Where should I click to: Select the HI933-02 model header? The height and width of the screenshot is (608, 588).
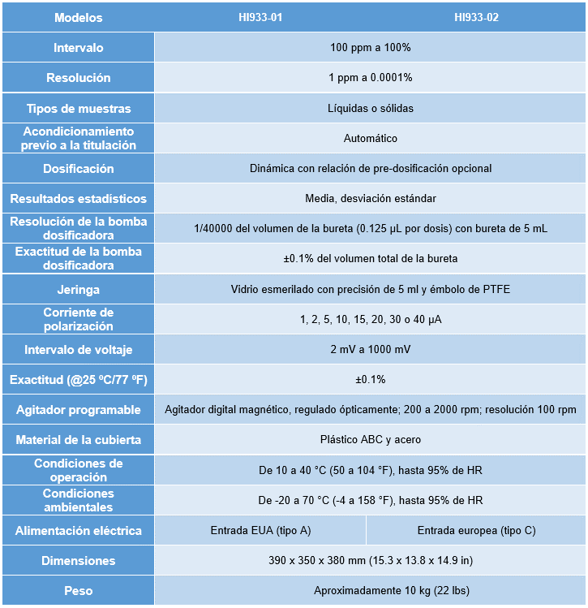(476, 17)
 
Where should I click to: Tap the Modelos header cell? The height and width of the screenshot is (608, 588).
(78, 17)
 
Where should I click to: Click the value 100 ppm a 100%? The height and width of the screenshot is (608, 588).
(370, 48)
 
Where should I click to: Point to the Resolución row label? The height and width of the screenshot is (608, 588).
(78, 78)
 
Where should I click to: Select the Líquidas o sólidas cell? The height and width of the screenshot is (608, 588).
(370, 108)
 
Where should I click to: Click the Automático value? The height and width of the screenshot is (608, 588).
(370, 138)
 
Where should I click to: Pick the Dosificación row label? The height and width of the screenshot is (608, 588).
(78, 169)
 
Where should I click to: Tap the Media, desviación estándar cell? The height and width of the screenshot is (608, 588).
(370, 199)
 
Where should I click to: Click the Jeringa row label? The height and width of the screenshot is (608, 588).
(78, 289)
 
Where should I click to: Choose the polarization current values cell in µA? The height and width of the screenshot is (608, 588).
(370, 319)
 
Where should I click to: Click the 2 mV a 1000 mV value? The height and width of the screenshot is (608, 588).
(370, 349)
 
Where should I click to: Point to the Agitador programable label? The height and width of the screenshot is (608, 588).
(78, 410)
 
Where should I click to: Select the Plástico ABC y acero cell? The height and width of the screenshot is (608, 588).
(370, 440)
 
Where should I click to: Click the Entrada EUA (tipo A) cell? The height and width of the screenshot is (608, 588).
(260, 531)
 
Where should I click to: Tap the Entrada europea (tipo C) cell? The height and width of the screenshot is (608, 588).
(476, 531)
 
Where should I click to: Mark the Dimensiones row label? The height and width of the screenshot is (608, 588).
(78, 561)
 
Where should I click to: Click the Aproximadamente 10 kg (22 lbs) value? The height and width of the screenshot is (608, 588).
(370, 591)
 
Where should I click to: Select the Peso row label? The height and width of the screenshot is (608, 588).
(78, 591)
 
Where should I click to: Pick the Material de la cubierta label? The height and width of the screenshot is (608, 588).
(78, 440)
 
